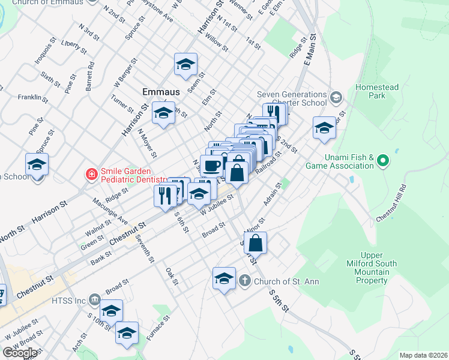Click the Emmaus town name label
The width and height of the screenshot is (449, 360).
tap(161, 92)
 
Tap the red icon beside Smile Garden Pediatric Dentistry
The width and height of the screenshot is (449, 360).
tap(91, 175)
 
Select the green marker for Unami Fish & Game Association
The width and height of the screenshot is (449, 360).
tap(382, 161)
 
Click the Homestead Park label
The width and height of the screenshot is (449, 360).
tap(376, 91)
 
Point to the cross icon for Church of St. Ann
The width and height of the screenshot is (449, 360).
tap(245, 281)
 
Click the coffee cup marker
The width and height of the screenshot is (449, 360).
tap(211, 166)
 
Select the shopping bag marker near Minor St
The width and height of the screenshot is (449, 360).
tap(255, 242)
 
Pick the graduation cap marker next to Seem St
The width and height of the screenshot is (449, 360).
tap(185, 64)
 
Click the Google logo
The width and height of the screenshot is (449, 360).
tap(20, 353)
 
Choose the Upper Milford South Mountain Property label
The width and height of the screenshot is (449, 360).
tap(372, 268)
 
